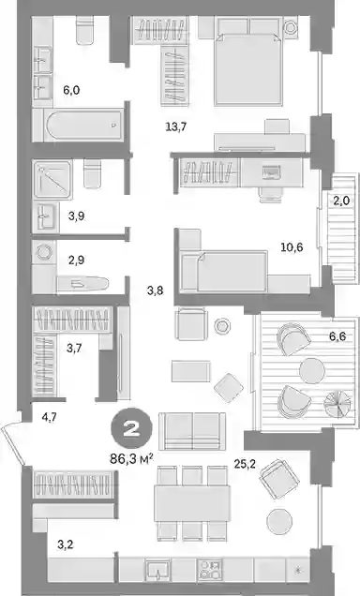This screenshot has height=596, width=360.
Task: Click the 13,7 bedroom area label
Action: click(x=176, y=127)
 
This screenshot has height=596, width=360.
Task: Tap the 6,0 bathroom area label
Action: click(x=71, y=91)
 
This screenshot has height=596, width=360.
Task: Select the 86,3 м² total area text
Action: click(x=131, y=459)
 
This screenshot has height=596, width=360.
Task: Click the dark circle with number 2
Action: click(x=131, y=429)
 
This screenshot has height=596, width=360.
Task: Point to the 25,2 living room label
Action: click(x=245, y=464)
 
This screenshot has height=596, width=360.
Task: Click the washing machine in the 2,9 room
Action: click(x=44, y=251)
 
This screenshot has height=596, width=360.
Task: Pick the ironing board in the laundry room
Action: click(x=82, y=283)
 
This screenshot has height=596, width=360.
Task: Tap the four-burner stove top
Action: click(x=210, y=570)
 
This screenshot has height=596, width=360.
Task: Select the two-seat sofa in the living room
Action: click(x=192, y=431)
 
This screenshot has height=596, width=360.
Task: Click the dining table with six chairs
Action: click(x=192, y=503)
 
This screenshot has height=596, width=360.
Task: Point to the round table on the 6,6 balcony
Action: click(x=312, y=370)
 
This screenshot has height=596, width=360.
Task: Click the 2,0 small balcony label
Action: click(x=341, y=201)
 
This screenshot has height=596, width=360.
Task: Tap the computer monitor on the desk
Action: click(x=271, y=172)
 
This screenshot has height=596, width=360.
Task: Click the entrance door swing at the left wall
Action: click(x=13, y=444)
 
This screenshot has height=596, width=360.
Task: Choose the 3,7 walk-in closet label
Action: click(x=74, y=348)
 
